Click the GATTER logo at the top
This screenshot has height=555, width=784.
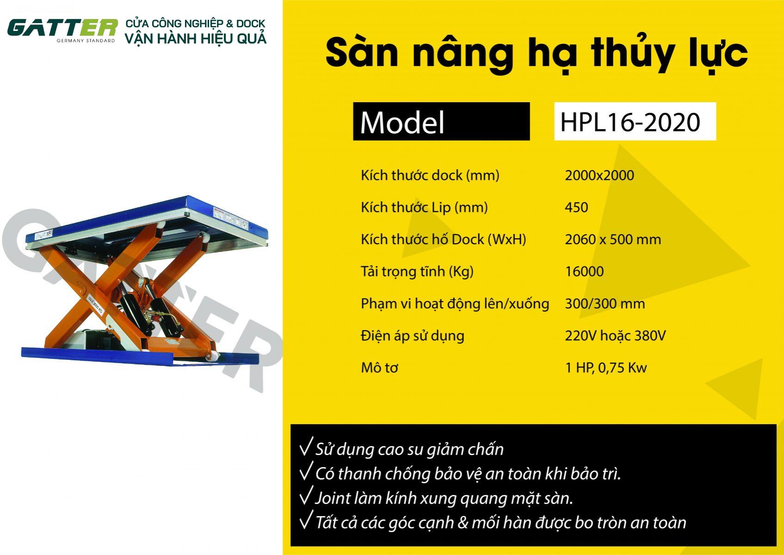62,30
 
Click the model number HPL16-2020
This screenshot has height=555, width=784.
630,122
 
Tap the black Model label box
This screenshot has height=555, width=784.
441,122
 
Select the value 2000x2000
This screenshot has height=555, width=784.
599,175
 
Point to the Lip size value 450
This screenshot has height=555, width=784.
576,207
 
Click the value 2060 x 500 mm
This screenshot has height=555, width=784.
613,240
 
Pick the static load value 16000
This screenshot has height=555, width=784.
585,271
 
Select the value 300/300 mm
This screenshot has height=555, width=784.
605,304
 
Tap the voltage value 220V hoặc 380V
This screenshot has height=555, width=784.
615,336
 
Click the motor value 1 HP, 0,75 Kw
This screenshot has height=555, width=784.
606,368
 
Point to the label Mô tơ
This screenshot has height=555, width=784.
379,368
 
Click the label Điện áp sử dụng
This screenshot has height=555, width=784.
413,336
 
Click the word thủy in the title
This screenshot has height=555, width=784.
633,53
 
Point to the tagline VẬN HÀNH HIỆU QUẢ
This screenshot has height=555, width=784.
196,39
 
